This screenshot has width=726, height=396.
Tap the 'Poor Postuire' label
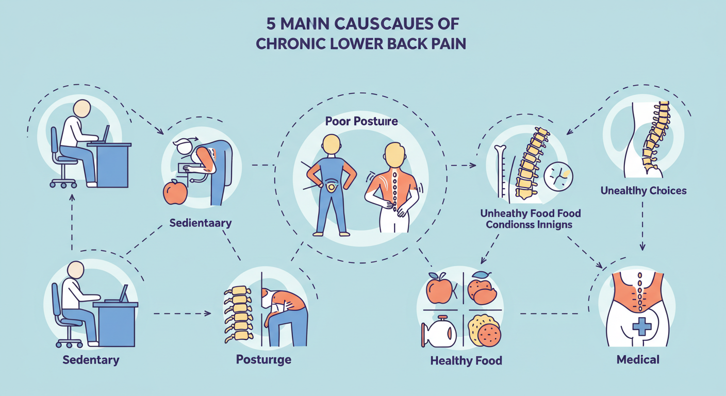(x=361, y=122)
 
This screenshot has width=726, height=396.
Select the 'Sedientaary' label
(x=200, y=223)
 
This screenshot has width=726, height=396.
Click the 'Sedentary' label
(x=91, y=359)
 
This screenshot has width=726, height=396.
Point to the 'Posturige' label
(x=263, y=359)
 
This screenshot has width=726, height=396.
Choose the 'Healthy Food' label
(x=466, y=360)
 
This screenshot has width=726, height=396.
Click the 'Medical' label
(x=638, y=359)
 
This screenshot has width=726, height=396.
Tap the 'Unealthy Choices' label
(x=643, y=191)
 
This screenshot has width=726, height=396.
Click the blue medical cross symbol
(x=642, y=325)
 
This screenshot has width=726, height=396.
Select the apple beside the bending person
(x=175, y=193)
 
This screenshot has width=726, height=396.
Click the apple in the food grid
(x=439, y=290)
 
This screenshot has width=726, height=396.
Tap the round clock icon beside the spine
(x=558, y=177)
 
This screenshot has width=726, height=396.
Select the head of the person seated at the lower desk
(x=75, y=270)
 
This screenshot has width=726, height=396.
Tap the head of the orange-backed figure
(x=394, y=153)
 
